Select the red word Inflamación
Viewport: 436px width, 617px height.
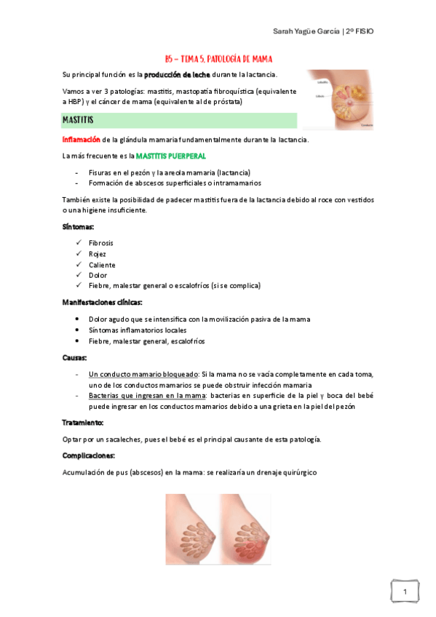pos(82,140)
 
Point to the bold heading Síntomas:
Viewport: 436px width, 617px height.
pos(79,226)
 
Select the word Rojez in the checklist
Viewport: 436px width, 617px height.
pos(98,254)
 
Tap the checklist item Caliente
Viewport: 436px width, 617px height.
pos(102,265)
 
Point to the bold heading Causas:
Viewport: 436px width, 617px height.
pos(76,357)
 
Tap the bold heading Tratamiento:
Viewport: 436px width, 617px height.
pos(83,422)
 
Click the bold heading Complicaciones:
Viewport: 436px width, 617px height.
pos(90,455)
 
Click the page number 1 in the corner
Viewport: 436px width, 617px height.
pos(404,594)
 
